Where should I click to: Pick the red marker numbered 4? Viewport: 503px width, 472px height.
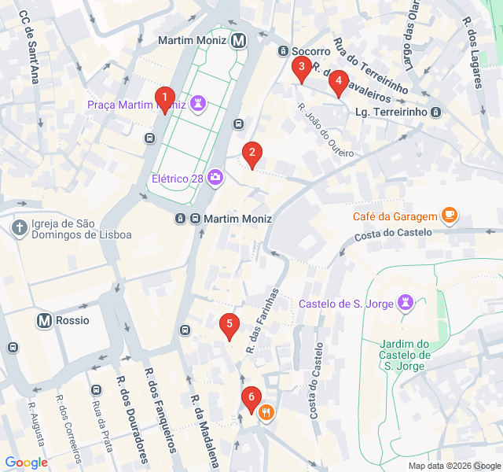[338, 82]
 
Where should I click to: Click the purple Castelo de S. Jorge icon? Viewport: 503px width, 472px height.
[406, 304]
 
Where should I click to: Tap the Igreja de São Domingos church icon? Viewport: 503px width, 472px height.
[20, 228]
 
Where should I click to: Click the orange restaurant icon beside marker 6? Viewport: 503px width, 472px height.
[267, 411]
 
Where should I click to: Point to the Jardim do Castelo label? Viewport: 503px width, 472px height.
[404, 355]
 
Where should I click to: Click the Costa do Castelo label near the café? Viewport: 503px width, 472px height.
[393, 234]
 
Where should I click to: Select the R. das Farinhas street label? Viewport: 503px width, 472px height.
[263, 320]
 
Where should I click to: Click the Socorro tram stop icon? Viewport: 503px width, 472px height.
[283, 51]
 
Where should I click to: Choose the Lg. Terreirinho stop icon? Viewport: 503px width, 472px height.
[436, 112]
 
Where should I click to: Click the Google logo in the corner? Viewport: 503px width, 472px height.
[26, 463]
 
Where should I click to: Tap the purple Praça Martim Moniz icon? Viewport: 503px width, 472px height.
[198, 104]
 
